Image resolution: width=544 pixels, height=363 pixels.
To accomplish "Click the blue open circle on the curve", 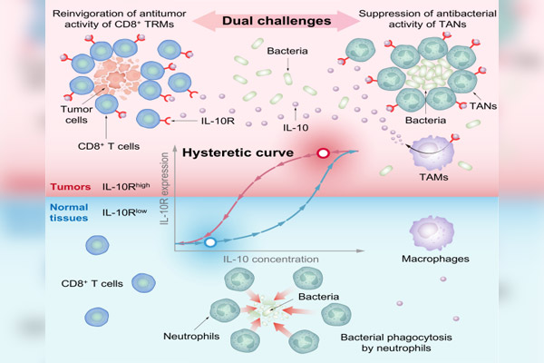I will (x=209, y=242).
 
